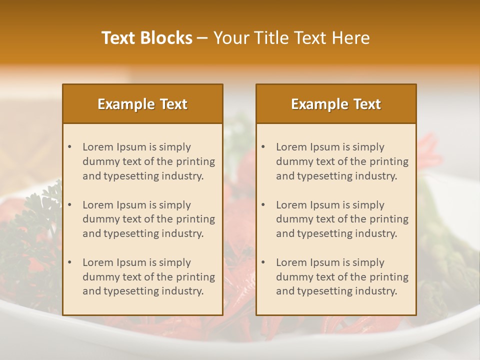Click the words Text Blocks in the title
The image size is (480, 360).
(147, 38)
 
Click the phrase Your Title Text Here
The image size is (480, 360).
(291, 38)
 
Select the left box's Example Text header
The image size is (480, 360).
(142, 104)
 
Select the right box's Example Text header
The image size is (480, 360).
(336, 104)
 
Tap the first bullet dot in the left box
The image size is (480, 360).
(70, 147)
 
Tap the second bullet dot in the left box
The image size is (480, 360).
(70, 205)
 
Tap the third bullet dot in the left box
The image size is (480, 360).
(70, 262)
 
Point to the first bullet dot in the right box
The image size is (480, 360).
(263, 147)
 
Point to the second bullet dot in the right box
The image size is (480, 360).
(263, 205)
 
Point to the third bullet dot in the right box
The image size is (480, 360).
(263, 262)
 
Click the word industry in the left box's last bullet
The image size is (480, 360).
(183, 291)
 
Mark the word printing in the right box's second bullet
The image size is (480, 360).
(389, 219)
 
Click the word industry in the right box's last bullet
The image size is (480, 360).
(376, 291)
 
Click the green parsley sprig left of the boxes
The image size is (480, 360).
(37, 220)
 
